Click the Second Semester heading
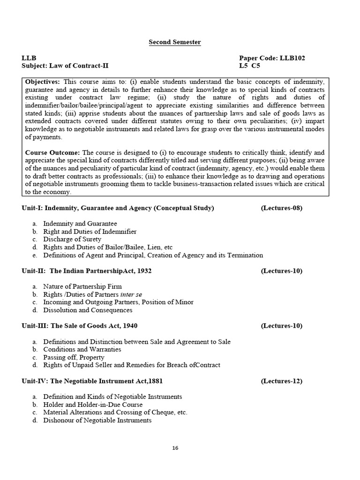tap(175, 42)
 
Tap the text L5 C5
tap(250, 66)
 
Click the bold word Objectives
tap(42, 82)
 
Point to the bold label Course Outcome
tap(52, 152)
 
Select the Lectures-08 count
tap(281, 208)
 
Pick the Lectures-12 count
tap(281, 381)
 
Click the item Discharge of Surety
tap(72, 240)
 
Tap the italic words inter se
tap(131, 294)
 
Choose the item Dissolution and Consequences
tap(88, 310)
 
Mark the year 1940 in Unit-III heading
tap(129, 326)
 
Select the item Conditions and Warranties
tap(82, 349)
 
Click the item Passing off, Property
tap(74, 357)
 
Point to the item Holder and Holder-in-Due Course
tap(93, 405)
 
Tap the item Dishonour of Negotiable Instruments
tap(97, 420)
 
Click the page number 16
tap(175, 448)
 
